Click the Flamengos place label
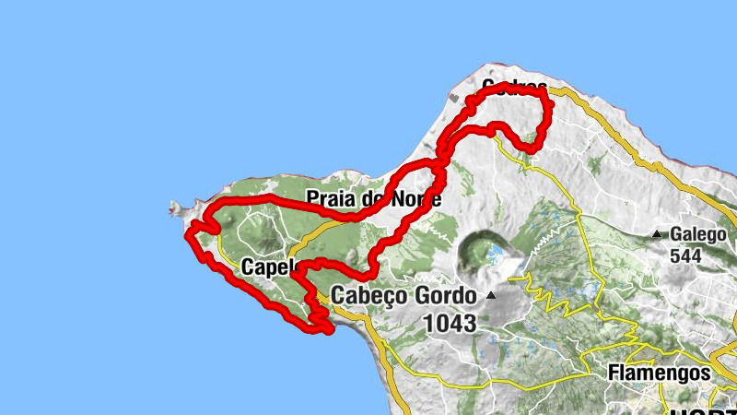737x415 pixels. [x=660, y=373]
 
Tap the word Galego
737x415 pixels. [x=699, y=234]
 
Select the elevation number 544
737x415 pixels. [x=686, y=255]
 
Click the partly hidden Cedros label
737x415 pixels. [x=513, y=87]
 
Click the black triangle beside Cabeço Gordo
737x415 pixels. [x=491, y=296]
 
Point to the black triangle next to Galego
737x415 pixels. [x=657, y=234]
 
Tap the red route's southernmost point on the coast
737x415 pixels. [x=327, y=330]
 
